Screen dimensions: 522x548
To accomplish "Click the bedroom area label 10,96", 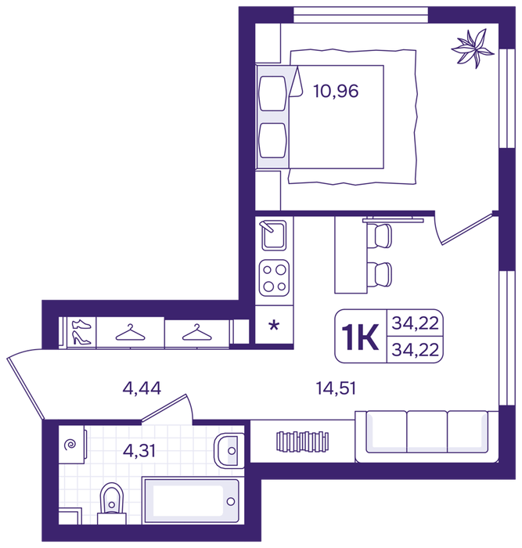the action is pos(336,91).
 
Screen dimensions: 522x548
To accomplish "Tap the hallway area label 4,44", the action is pos(142,388).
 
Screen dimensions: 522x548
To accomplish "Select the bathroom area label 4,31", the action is pos(139,450).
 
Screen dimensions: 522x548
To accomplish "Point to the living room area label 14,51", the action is pos(336,388).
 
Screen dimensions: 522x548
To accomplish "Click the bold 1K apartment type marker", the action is pos(360,337).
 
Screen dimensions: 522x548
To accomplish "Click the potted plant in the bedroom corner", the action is pos(473,48).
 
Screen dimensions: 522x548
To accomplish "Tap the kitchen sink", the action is pos(274,235).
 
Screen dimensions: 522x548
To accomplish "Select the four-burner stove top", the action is pos(274,278).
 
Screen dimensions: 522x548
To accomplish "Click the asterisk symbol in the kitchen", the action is pos(274,326).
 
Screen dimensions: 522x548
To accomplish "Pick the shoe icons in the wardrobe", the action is pos(81,332).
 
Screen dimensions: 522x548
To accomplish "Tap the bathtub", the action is pos(192,501).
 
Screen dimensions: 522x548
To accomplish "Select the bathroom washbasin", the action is pos(229,450).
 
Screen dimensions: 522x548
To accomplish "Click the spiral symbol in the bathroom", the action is pos(70,445).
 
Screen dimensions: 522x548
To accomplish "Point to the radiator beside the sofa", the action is pos(303,441).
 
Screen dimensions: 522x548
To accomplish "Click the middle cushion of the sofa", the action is pos(427,432).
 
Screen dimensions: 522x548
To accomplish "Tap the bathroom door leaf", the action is pos(164,408).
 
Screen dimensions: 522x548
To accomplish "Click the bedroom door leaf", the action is pos(466,229).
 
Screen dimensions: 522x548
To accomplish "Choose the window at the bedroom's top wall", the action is pos(361,15).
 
